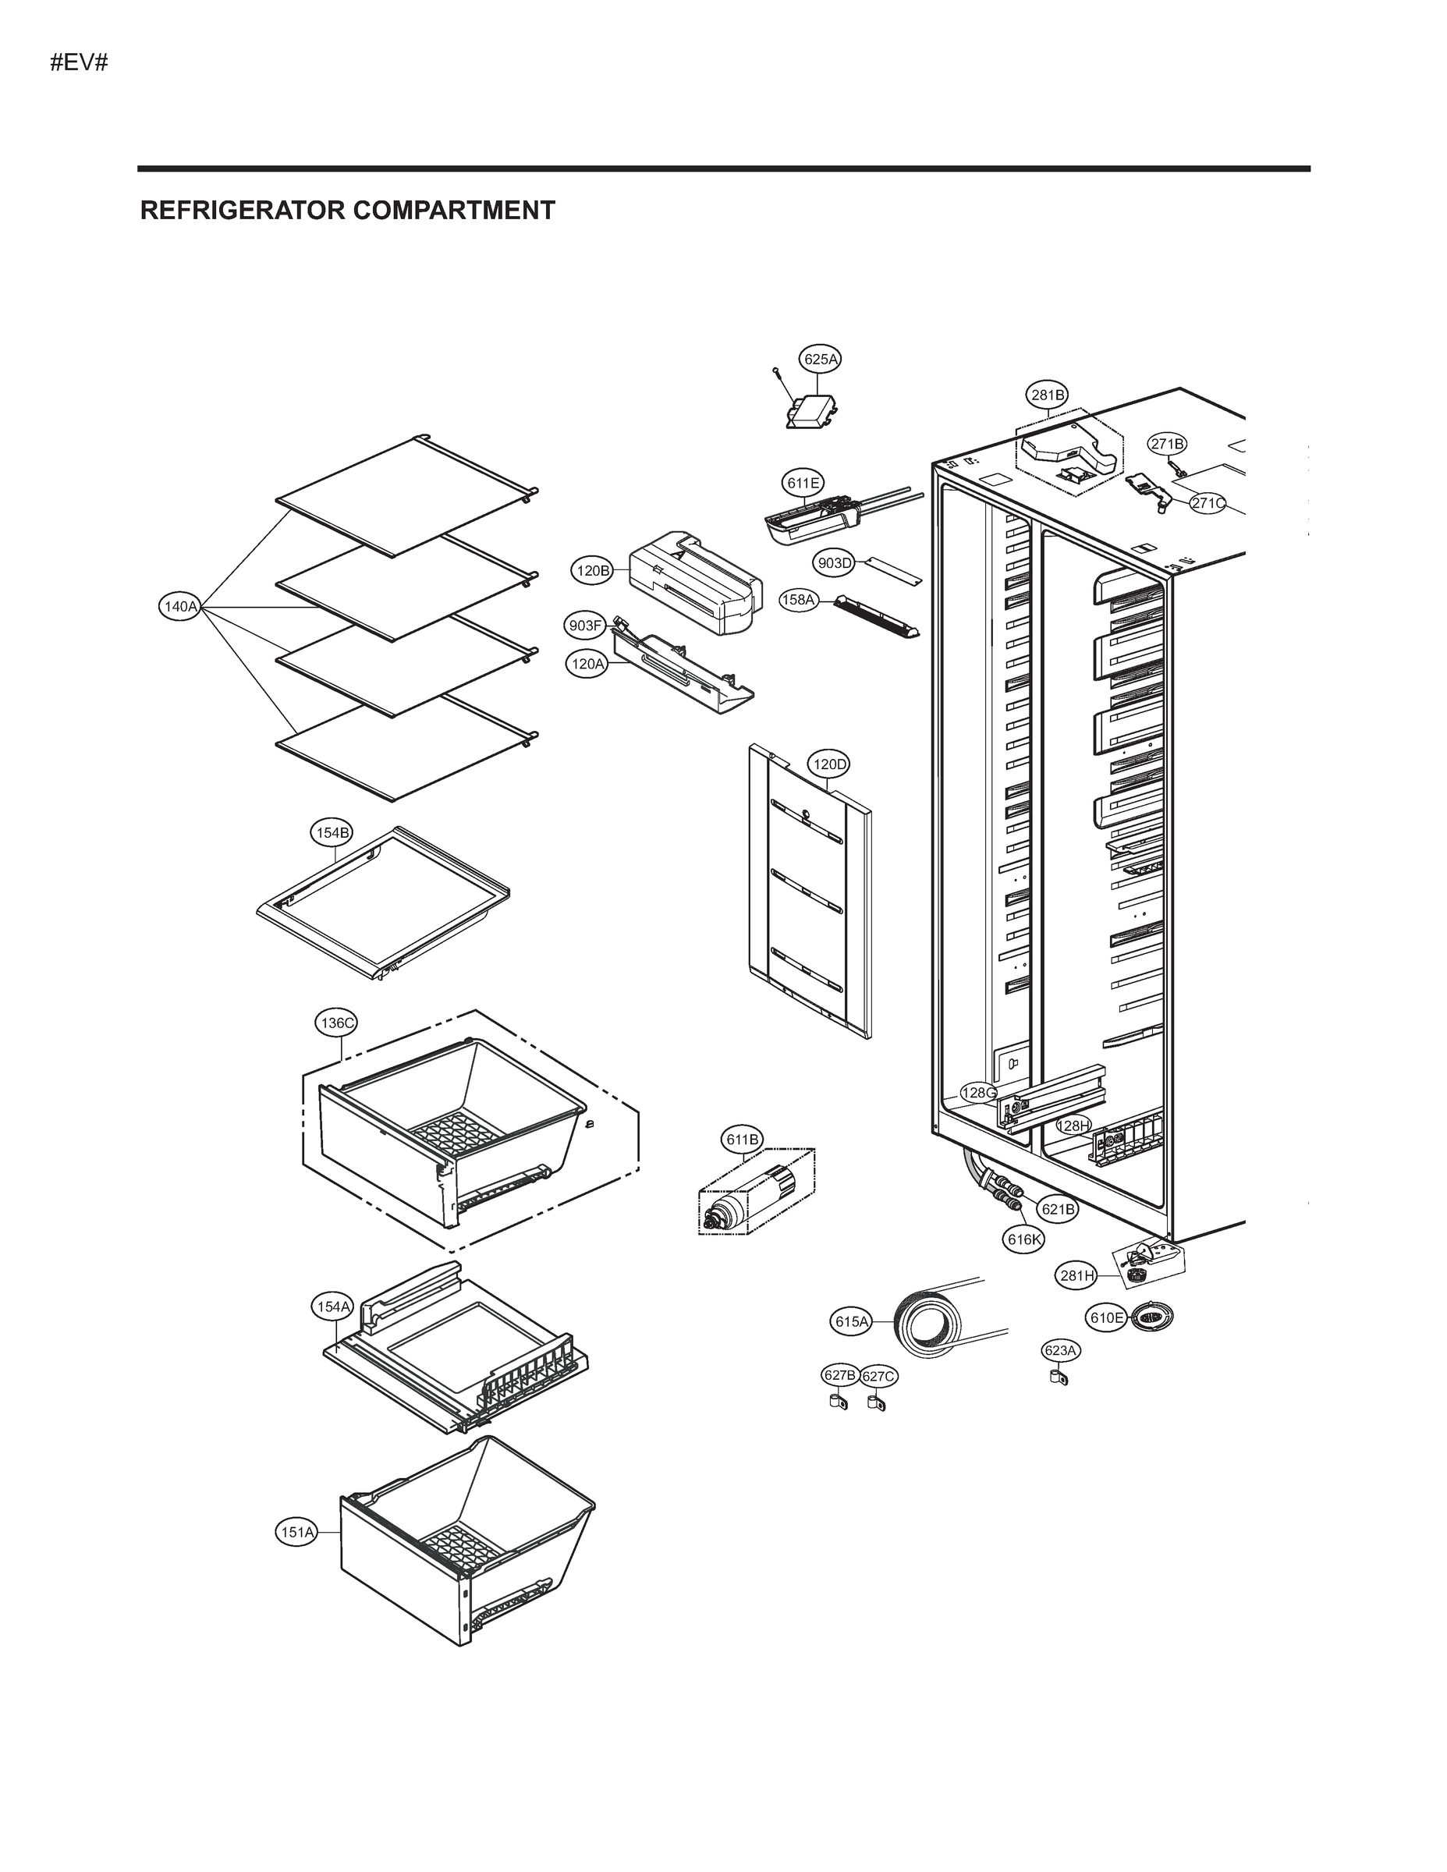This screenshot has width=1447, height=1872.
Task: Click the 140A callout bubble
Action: [180, 607]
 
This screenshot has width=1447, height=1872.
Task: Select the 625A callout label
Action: [821, 359]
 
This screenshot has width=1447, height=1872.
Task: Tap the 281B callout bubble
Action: [1048, 395]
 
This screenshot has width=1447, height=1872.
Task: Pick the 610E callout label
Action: [1106, 1317]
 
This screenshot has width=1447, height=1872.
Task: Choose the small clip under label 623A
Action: [1059, 1377]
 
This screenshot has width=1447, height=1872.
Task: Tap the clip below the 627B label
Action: [835, 1403]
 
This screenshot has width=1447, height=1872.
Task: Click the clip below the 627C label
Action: [875, 1403]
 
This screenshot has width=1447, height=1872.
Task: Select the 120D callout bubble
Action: [829, 764]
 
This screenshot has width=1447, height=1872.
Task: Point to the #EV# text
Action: [79, 62]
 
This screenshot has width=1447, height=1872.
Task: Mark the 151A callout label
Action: [296, 1532]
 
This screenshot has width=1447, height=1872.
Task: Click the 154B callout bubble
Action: [331, 832]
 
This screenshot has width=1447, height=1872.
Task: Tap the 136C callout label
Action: [336, 1023]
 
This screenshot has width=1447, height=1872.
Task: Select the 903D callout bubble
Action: [834, 563]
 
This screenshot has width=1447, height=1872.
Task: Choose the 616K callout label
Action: [1024, 1239]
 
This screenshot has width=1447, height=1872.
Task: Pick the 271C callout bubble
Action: [1208, 503]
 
